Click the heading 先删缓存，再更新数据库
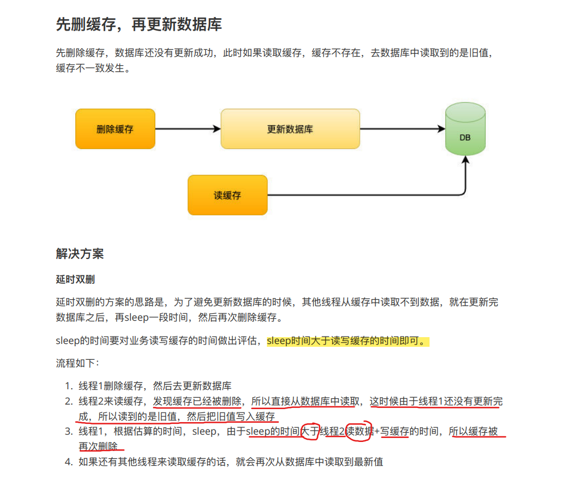pos(138,24)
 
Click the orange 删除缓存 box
pos(115,129)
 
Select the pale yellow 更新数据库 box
pos(290,129)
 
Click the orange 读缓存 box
pos(227,195)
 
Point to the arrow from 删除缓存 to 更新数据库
pos(187,129)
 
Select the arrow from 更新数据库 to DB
pos(402,129)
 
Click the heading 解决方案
pos(80,253)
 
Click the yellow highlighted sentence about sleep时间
pos(348,341)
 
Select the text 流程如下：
pos(77,363)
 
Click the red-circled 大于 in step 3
pos(310,432)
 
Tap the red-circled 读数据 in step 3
pos(360,432)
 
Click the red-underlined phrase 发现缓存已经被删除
pos(198,402)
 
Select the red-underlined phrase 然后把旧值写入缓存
pos(231,417)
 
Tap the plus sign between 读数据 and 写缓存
pos(377,432)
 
